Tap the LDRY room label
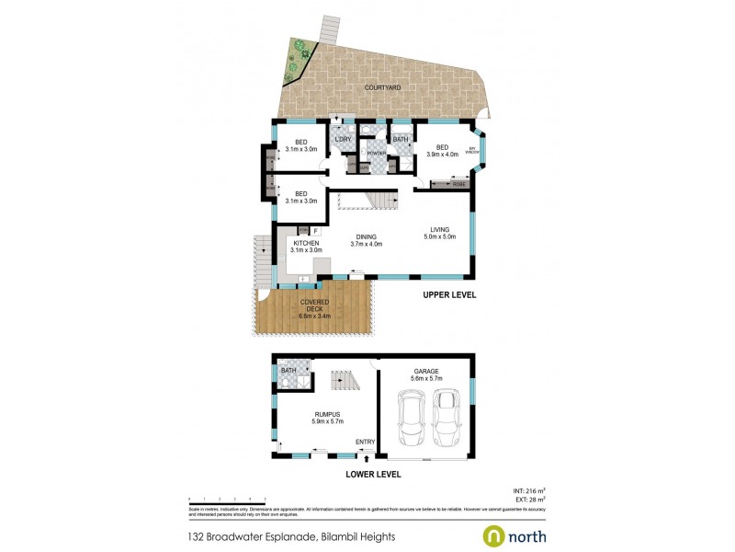pyautogui.click(x=344, y=140)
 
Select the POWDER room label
pyautogui.click(x=376, y=153)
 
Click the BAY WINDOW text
pyautogui.click(x=474, y=150)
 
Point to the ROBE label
pyautogui.click(x=459, y=185)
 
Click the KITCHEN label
pyautogui.click(x=306, y=243)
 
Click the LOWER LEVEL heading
pyautogui.click(x=373, y=475)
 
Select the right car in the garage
pyautogui.click(x=447, y=415)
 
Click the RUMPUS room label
pyautogui.click(x=328, y=418)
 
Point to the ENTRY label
pyautogui.click(x=366, y=443)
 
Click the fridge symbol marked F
pyautogui.click(x=314, y=231)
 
